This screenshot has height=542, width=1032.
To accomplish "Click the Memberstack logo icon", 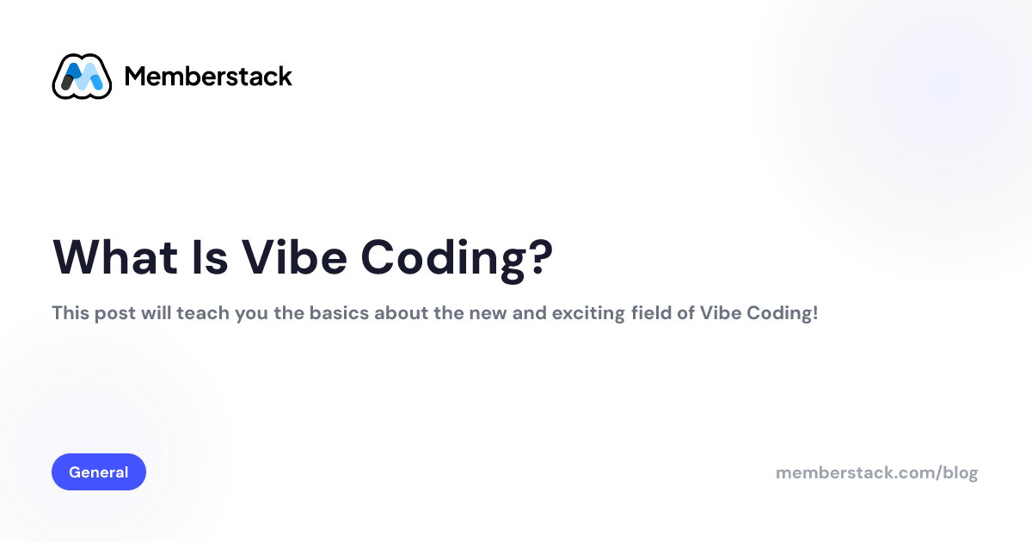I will click(82, 77).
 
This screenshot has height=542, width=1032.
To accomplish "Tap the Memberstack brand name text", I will click(208, 77).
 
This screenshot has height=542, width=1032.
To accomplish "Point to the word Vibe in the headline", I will click(293, 256).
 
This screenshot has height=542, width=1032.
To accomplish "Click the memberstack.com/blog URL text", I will click(876, 472).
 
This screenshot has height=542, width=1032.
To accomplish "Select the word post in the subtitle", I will click(110, 313).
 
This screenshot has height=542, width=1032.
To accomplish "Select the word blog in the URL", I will click(961, 472).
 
